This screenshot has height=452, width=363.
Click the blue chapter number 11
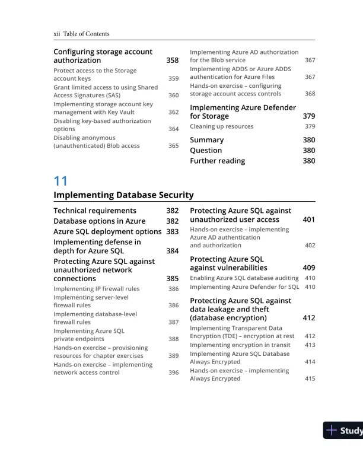click(60, 181)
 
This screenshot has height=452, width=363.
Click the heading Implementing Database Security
click(123, 195)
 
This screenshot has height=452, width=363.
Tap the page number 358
click(172, 61)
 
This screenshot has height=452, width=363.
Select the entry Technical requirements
click(95, 211)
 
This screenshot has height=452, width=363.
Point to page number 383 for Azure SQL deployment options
click(172, 231)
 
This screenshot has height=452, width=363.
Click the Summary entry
click(206, 140)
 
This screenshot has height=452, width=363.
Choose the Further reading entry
click(217, 161)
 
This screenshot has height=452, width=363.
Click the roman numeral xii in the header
click(57, 34)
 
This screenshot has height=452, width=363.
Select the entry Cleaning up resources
click(221, 126)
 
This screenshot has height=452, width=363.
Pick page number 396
click(173, 373)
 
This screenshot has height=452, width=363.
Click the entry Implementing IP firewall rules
click(97, 289)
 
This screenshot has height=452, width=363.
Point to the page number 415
click(310, 378)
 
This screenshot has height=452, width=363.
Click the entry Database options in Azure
click(100, 221)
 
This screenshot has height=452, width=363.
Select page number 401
click(308, 219)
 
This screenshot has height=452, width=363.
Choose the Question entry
click(206, 151)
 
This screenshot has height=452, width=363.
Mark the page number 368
click(310, 94)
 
